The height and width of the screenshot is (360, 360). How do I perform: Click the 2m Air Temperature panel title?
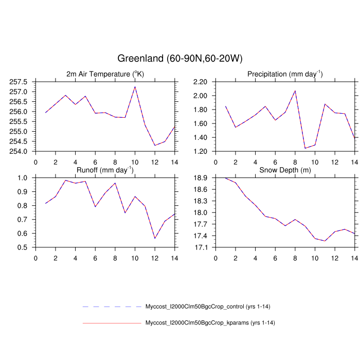click(x=105, y=74)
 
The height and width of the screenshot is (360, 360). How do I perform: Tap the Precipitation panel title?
click(x=284, y=74)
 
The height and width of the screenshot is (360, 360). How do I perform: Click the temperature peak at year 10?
click(x=135, y=86)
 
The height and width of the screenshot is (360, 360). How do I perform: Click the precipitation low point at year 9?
click(x=305, y=148)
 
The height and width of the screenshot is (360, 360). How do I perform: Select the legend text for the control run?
click(x=208, y=307)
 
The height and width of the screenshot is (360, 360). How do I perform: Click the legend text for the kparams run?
click(x=208, y=323)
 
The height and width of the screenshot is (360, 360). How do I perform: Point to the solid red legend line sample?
click(x=111, y=323)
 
